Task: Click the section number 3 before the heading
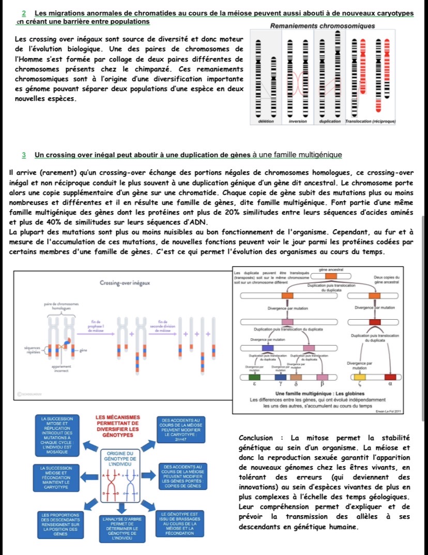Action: (x=24, y=155)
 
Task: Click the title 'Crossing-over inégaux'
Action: (x=125, y=283)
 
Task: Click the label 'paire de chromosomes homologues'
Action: (x=61, y=306)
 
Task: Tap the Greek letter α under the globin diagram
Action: (x=390, y=385)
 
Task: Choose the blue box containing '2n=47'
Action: (x=185, y=427)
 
